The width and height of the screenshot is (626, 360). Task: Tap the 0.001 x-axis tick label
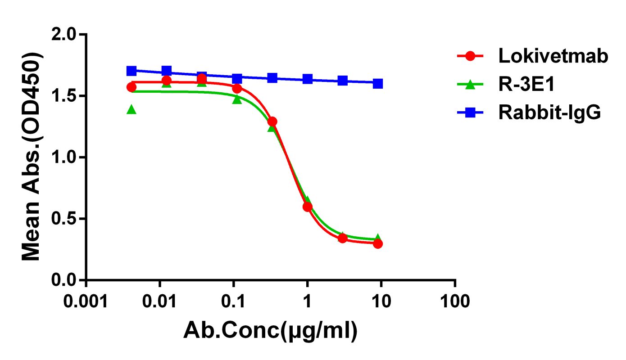coord(86,300)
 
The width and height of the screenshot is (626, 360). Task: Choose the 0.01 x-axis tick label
coord(159,300)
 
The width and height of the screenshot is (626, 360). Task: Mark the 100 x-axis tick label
coord(455,300)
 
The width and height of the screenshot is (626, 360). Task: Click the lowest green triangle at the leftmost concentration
coord(131,109)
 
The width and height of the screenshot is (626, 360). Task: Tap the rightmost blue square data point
coord(378,84)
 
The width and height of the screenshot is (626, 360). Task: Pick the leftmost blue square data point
coord(131,71)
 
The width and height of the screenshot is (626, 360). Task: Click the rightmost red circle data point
coord(378,243)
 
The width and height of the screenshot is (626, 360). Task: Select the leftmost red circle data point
coord(131,87)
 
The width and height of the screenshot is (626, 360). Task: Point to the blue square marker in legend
coord(470,112)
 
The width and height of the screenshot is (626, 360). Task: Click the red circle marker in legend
coord(470,56)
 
